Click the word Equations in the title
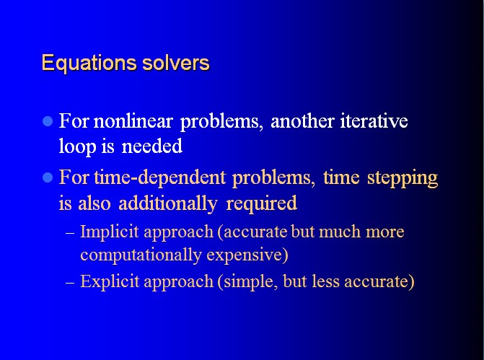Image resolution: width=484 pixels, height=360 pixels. click(89, 63)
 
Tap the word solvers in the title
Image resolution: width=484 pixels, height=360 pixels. click(176, 63)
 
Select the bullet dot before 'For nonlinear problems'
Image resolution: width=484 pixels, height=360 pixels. click(48, 121)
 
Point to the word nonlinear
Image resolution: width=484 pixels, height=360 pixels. click(133, 120)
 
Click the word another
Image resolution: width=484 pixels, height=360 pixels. click(302, 121)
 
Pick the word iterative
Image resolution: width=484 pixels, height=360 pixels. click(374, 120)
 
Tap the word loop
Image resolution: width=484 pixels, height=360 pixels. click(77, 146)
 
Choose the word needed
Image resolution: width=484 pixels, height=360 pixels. click(152, 146)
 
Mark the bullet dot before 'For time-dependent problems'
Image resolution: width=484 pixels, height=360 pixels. click(48, 177)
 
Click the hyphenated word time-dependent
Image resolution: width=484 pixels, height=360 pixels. click(160, 177)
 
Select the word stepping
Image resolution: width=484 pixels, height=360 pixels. click(402, 178)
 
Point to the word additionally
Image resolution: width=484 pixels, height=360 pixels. click(168, 203)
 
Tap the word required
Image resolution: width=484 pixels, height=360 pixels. click(261, 203)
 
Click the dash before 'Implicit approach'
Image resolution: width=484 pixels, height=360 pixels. click(70, 232)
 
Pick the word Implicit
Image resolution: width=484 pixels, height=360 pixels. click(109, 232)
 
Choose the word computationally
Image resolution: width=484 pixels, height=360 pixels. click(141, 255)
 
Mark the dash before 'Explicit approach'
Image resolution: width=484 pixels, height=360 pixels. click(70, 282)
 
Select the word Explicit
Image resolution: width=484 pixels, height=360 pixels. click(110, 281)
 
